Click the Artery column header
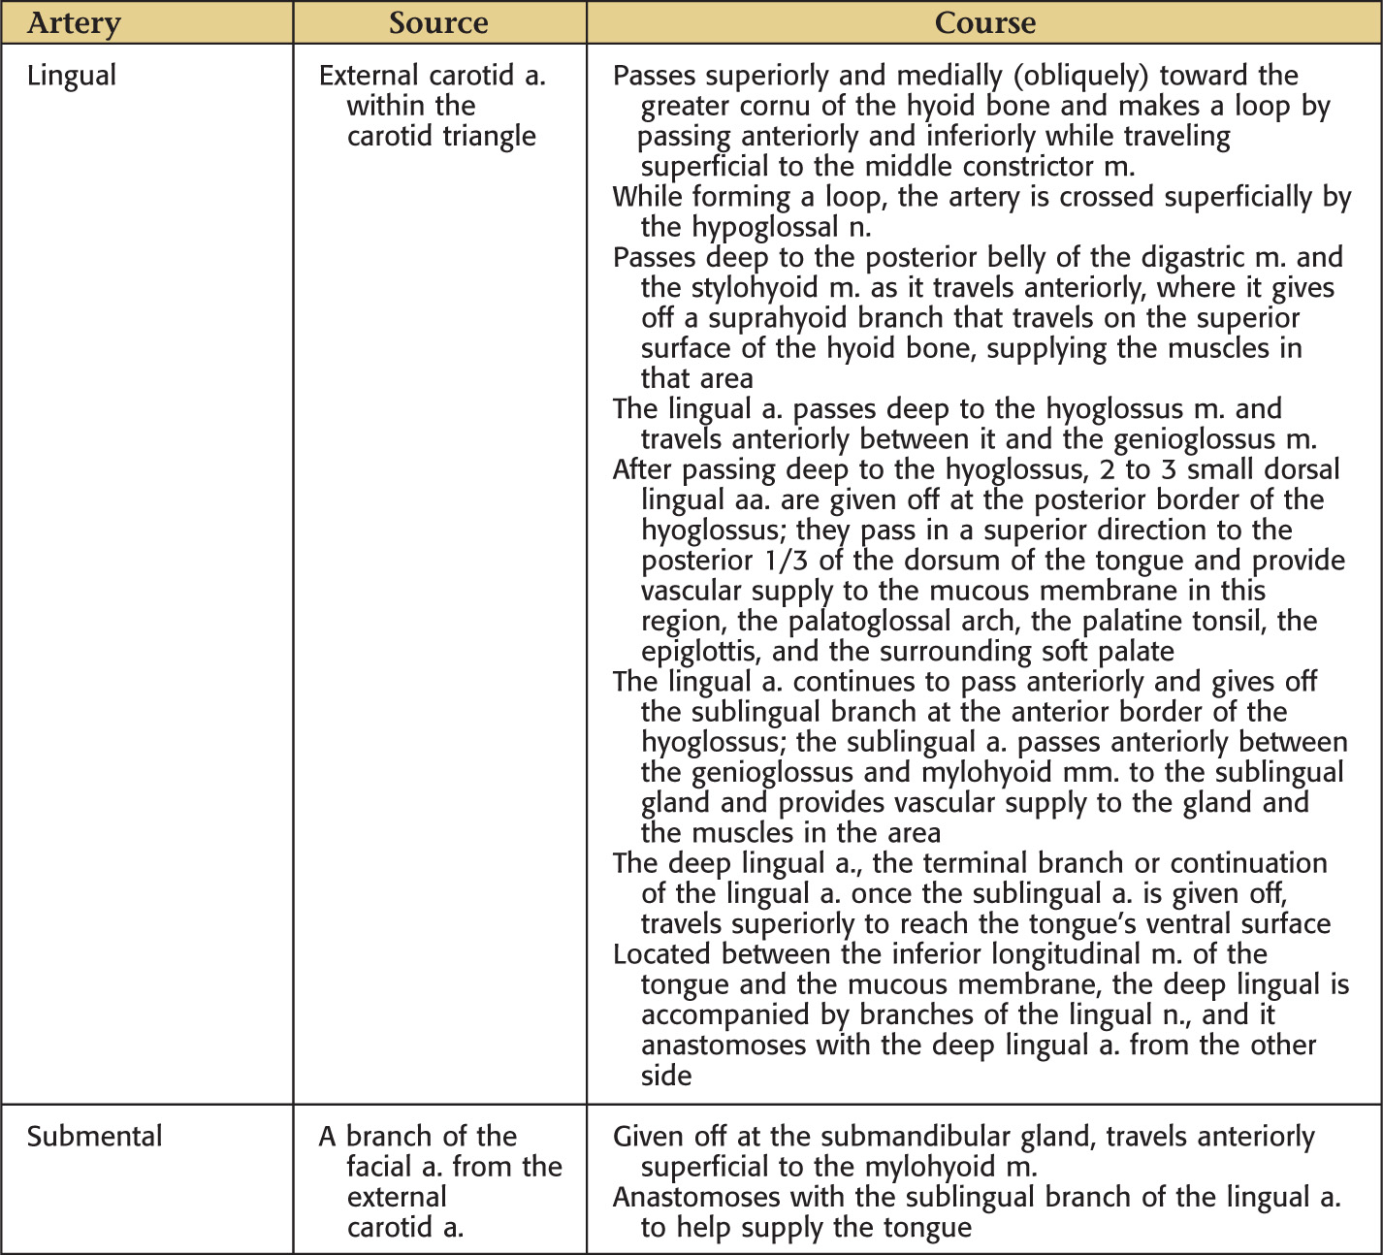[74, 23]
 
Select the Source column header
[438, 23]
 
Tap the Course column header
[984, 23]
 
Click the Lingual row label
[72, 76]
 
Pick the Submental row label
[94, 1137]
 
